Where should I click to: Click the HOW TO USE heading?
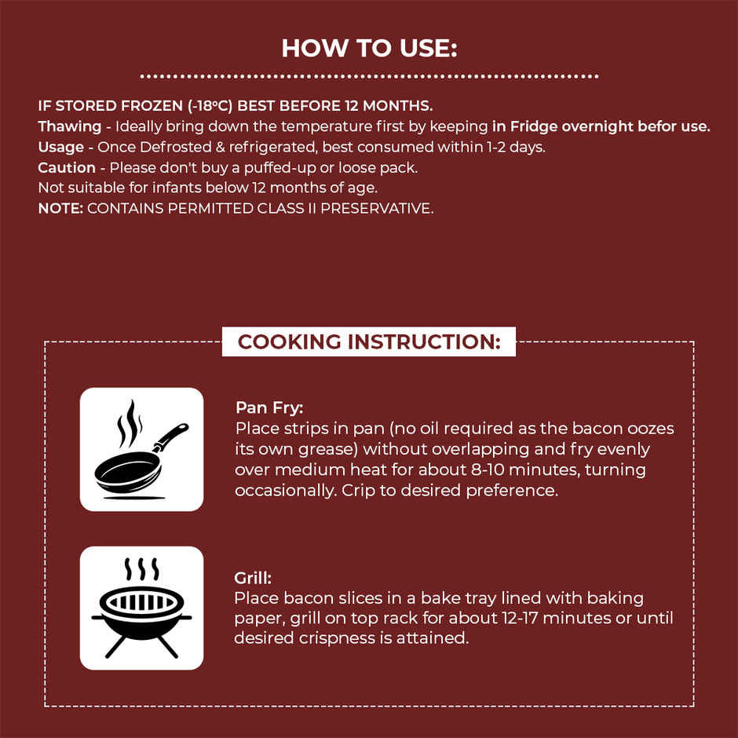[369, 48]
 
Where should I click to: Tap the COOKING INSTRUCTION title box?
[369, 342]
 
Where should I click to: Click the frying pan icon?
[141, 449]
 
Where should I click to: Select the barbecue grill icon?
[141, 608]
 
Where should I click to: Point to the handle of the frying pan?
[171, 437]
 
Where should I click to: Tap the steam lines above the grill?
[141, 569]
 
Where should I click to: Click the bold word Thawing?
[70, 126]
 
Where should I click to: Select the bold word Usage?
[60, 148]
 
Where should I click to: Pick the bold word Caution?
[67, 167]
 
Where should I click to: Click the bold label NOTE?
[60, 208]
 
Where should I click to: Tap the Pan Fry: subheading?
[269, 407]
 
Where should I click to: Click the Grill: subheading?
[253, 578]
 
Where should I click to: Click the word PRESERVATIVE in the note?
[377, 208]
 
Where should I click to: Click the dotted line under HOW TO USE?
[369, 76]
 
